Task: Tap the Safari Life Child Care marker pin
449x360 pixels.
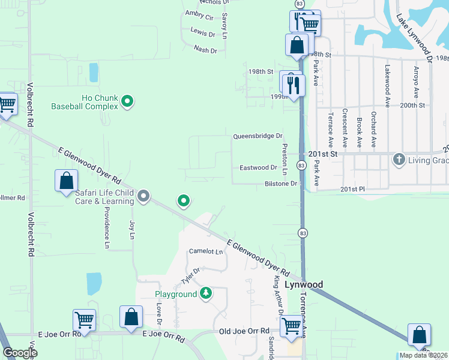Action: click(143, 196)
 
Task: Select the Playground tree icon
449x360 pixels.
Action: click(206, 293)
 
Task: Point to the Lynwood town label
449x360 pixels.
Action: click(303, 284)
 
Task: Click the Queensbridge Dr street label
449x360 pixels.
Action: click(258, 137)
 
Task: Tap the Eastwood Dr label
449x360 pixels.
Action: click(258, 168)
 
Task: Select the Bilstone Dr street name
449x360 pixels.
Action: click(281, 184)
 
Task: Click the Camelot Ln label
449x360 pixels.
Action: click(206, 251)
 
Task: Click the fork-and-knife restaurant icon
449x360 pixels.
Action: click(294, 84)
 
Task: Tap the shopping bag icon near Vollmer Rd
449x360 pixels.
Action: click(66, 180)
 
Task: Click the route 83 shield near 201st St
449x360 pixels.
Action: click(301, 165)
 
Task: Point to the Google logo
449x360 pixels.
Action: click(20, 353)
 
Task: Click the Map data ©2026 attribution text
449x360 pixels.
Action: click(423, 355)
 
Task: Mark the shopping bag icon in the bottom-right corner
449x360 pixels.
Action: click(419, 334)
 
